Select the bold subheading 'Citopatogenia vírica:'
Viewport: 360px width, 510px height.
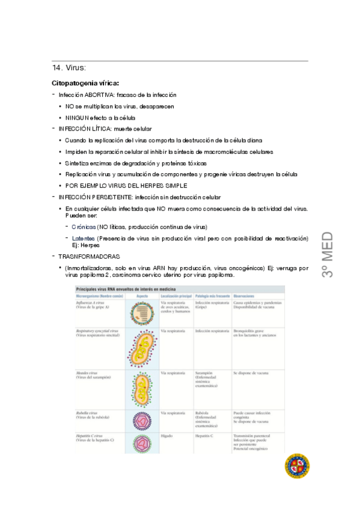click(85, 83)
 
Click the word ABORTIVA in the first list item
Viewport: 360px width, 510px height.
click(99, 95)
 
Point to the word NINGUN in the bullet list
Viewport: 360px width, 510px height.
click(76, 118)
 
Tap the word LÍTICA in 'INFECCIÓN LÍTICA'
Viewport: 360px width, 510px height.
click(98, 129)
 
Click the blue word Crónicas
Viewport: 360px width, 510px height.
click(84, 226)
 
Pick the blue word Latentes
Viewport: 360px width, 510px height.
click(83, 239)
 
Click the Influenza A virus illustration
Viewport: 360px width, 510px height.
click(142, 313)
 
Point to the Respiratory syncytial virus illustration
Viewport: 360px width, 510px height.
click(142, 350)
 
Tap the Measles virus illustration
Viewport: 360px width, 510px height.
click(142, 390)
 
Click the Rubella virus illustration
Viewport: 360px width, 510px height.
click(142, 422)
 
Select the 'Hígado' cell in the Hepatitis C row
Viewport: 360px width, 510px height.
click(166, 435)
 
